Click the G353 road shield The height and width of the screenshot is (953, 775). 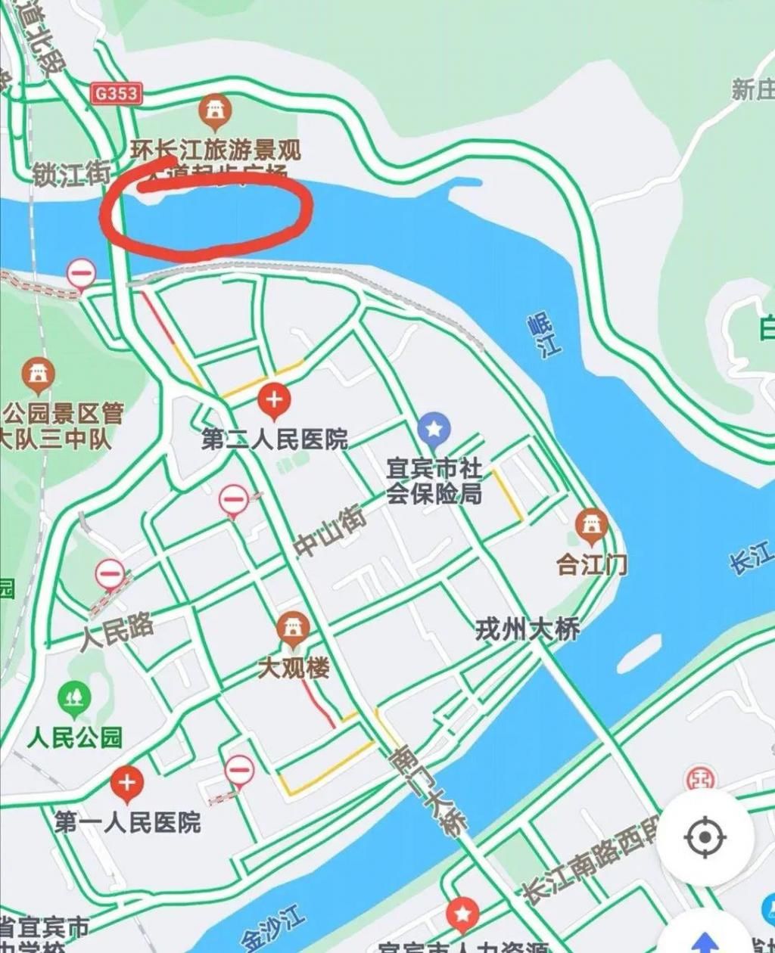[117, 93]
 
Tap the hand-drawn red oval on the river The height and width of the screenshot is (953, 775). [206, 213]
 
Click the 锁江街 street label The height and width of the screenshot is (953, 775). [72, 173]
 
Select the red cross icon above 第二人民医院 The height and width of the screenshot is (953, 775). [274, 401]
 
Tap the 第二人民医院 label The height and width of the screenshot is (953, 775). [274, 439]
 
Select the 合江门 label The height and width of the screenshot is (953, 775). [592, 564]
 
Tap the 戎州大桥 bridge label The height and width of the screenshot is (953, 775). [528, 629]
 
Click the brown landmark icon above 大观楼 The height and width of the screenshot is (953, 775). [293, 629]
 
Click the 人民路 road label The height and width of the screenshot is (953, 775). [117, 632]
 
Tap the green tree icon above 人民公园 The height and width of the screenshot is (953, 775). [74, 698]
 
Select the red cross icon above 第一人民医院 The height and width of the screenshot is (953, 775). [126, 784]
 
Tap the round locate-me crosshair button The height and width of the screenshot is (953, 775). [705, 837]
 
